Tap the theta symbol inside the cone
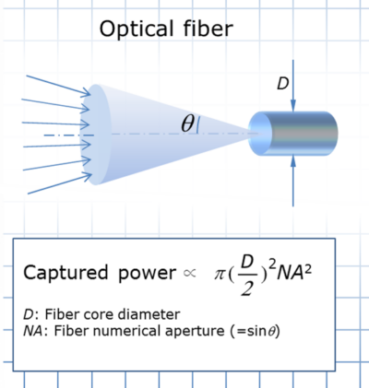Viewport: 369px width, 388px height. point(187,123)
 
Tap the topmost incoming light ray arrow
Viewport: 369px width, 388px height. point(55,83)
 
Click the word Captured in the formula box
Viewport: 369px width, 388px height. point(61,274)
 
